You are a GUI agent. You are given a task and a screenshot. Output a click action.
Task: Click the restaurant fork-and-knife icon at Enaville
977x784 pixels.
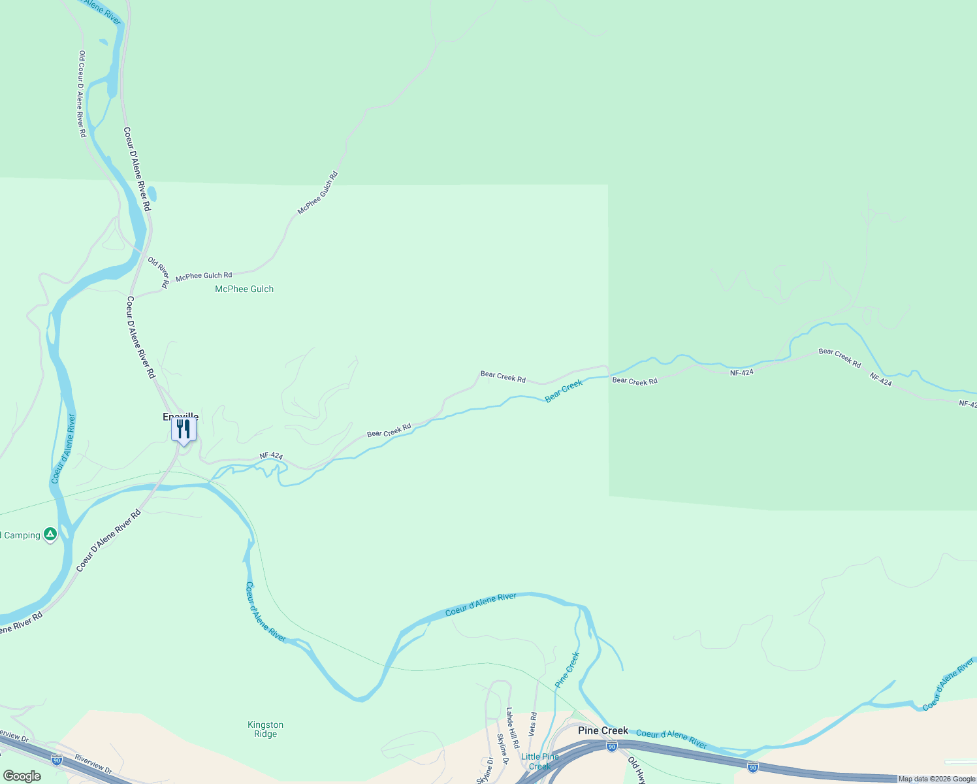(184, 429)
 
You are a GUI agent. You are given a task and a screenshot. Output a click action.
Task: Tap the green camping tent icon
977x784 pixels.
(50, 534)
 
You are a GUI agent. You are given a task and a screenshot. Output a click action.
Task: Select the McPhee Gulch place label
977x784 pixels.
(244, 289)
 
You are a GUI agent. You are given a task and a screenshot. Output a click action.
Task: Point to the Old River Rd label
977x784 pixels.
(159, 272)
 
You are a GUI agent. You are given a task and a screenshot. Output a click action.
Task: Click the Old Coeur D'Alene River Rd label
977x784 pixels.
(82, 94)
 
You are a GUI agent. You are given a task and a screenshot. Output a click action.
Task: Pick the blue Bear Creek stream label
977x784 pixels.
(564, 391)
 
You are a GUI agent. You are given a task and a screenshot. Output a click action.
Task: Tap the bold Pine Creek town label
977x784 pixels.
(603, 730)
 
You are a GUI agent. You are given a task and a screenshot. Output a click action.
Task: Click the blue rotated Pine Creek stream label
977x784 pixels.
(567, 670)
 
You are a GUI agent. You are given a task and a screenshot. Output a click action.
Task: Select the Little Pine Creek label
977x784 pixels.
(539, 761)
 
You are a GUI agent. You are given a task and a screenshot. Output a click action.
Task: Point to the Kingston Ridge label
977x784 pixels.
(265, 729)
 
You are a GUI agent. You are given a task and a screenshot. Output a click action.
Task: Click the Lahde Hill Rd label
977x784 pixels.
(513, 728)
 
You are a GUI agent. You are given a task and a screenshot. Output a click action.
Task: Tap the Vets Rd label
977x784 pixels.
(533, 725)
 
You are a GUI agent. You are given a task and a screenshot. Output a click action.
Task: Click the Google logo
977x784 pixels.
(22, 776)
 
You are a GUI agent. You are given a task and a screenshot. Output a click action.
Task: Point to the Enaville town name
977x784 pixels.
(180, 416)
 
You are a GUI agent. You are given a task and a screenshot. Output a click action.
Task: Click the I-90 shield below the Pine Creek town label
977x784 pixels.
(611, 746)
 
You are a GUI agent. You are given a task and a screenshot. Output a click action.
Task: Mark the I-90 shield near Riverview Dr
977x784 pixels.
(57, 760)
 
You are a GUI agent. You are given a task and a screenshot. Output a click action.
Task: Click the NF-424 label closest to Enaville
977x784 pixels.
(271, 456)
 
